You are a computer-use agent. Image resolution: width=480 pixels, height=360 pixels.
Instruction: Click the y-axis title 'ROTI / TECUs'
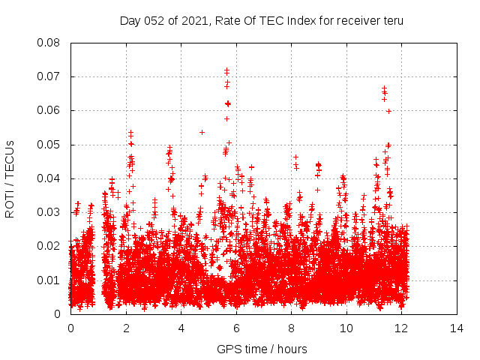10,178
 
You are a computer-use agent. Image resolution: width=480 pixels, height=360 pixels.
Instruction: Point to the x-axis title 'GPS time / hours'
262,349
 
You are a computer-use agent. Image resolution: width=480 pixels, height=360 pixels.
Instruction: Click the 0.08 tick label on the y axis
49,43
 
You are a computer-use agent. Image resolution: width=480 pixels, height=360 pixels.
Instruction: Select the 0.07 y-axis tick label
49,76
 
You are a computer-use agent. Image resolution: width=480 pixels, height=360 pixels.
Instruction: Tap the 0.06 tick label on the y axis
49,110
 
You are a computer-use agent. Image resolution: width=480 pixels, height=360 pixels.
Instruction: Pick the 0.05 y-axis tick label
49,144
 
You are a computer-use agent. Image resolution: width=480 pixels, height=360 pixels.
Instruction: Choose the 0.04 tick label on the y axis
49,178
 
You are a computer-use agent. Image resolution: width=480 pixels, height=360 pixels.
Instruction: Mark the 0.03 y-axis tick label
49,212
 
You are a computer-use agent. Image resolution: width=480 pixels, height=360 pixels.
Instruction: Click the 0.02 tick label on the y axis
49,246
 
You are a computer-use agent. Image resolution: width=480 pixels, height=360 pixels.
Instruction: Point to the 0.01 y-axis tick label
49,280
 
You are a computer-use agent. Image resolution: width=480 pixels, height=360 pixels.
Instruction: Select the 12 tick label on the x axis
401,328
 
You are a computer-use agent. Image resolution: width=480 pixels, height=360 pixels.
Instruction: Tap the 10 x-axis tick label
346,328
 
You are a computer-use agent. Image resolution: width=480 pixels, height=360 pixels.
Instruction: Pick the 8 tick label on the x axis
291,328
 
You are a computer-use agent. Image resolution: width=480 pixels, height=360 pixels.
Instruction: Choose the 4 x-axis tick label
181,328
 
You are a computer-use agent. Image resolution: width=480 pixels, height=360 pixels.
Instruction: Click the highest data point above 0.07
226,70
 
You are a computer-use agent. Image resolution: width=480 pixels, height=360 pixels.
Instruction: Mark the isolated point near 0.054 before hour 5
202,132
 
